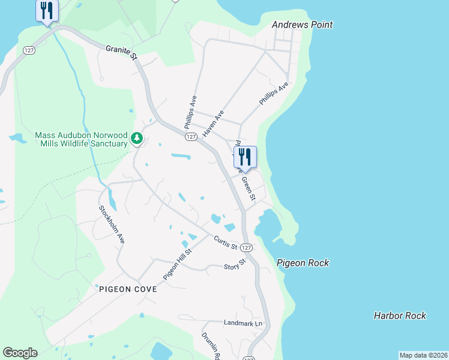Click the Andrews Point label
point(302,25)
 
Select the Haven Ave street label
point(214,123)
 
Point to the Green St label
point(249,187)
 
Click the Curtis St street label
point(226,243)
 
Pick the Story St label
point(235,265)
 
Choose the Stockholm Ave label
point(112,224)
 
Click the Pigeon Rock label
point(303,263)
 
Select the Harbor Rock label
point(400,315)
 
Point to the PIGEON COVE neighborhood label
point(128,289)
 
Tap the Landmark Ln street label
point(243,323)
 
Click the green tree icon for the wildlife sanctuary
point(137,139)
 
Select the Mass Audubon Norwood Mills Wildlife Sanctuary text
point(82,139)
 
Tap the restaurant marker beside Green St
point(245,157)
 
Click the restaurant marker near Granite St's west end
point(47,11)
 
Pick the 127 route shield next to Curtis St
point(246,248)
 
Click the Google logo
point(20,353)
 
